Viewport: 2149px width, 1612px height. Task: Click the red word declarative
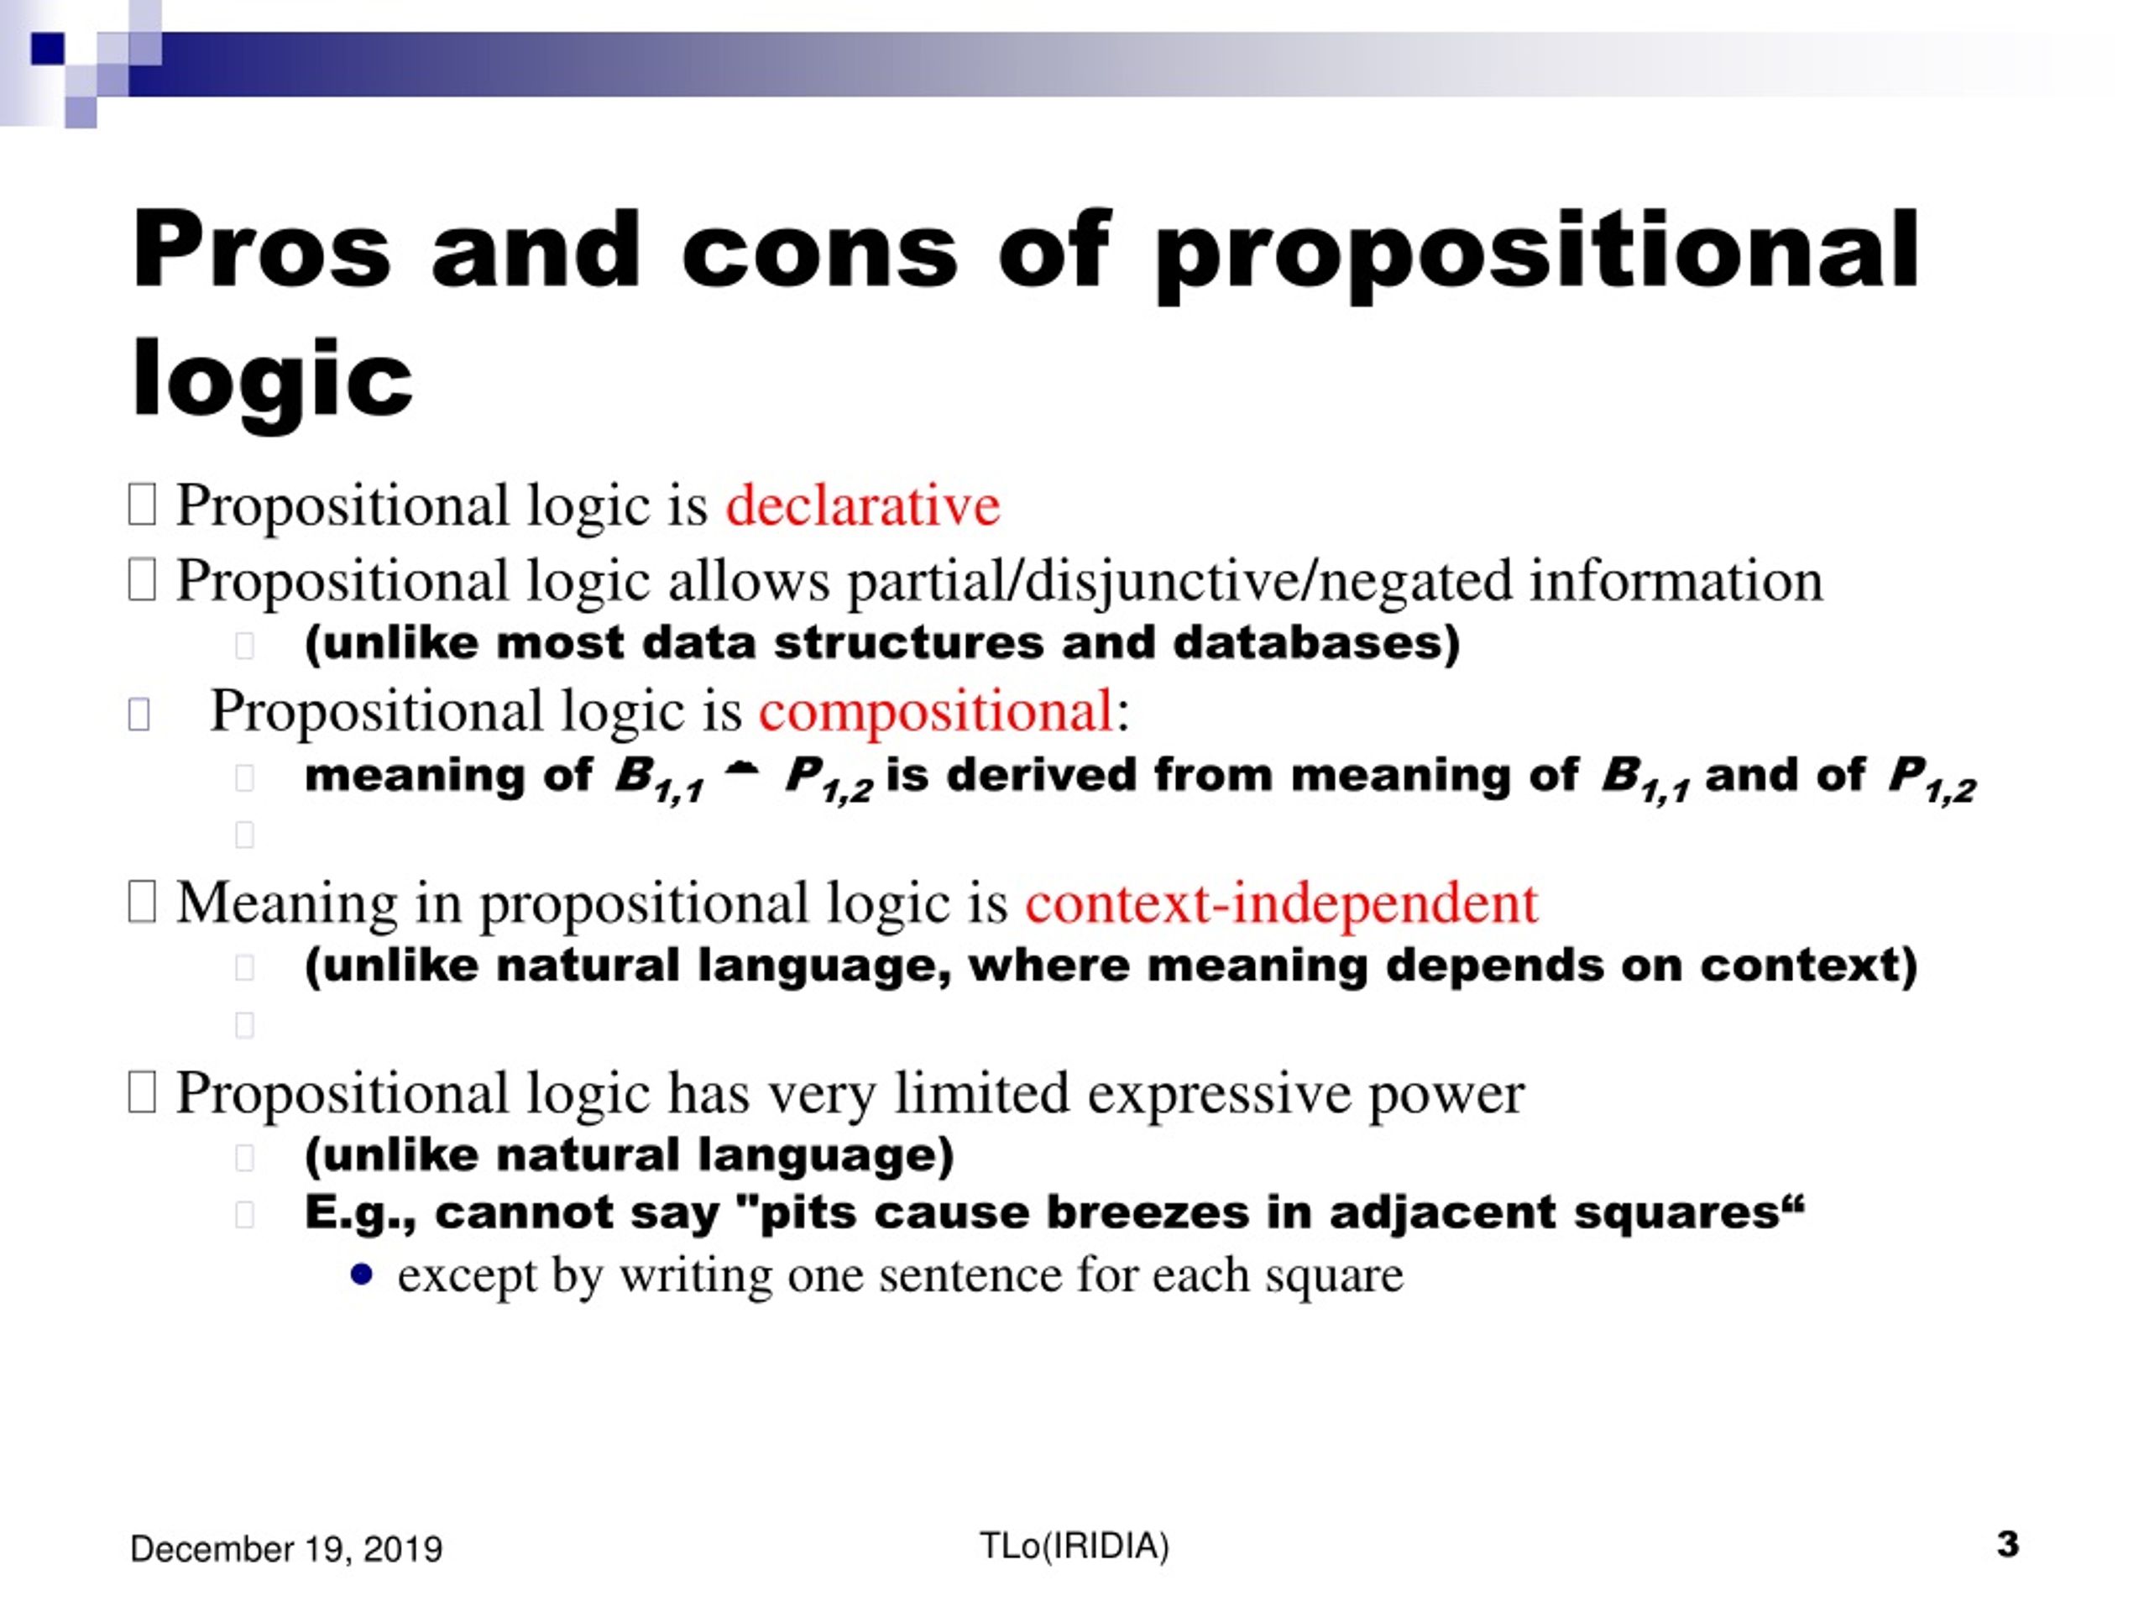coord(863,505)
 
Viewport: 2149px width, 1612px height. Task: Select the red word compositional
coord(936,711)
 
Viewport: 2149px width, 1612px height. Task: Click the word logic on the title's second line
coord(272,381)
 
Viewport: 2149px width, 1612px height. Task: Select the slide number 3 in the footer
coord(2007,1544)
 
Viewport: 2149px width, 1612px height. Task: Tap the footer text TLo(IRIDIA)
coord(1074,1546)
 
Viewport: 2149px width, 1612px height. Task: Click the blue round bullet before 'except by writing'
coord(362,1274)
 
